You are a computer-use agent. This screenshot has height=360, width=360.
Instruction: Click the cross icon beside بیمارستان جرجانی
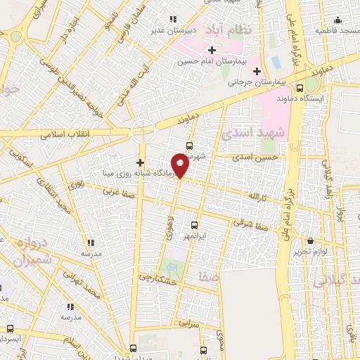(257, 71)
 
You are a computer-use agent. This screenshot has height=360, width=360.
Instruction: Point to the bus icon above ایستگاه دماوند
(300, 89)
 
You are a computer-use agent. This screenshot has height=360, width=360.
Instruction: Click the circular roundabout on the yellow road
(143, 130)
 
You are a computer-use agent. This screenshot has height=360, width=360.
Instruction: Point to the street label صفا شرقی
(251, 223)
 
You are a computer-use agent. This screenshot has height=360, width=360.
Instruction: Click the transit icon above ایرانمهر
(195, 225)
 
